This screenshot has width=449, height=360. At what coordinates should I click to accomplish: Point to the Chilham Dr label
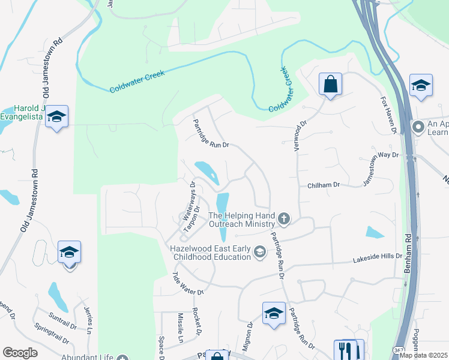(x=324, y=185)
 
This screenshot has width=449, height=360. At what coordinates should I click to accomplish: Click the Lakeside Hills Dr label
(x=376, y=256)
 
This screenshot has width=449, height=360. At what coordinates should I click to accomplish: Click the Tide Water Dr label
(x=188, y=284)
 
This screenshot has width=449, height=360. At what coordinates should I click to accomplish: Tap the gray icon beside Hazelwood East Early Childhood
(x=259, y=251)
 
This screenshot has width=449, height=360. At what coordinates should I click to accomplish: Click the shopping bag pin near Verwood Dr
(x=330, y=84)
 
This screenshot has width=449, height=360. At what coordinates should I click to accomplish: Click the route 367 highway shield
(x=399, y=349)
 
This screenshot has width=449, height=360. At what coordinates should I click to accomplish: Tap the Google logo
(x=20, y=353)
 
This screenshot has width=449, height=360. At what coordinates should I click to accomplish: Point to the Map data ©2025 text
(x=424, y=355)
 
